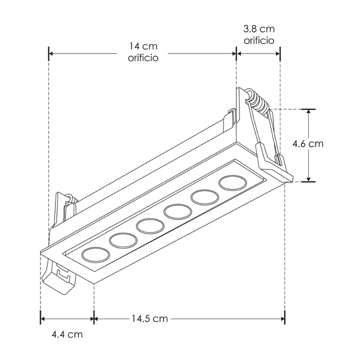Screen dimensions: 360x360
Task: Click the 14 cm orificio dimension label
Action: [x=142, y=52]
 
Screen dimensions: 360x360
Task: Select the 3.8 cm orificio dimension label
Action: [x=258, y=34]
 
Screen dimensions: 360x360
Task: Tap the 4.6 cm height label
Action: [x=308, y=144]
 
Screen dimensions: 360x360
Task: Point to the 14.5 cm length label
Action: [x=150, y=318]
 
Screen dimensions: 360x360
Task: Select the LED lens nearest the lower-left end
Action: [x=95, y=255]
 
